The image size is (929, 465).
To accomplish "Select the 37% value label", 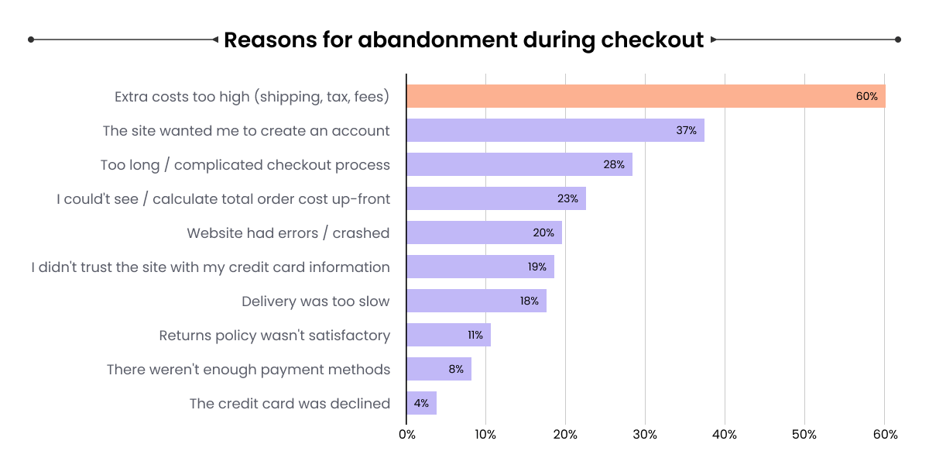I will pos(686,130).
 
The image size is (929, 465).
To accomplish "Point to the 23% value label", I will pos(567,198).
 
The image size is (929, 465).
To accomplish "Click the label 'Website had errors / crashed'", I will pos(288,233).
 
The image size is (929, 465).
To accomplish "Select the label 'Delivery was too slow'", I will pos(315,301).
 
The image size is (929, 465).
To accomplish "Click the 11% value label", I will pos(475,335).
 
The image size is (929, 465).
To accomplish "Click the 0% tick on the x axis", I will pos(406,435).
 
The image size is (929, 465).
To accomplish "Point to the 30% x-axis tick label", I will pos(645,435).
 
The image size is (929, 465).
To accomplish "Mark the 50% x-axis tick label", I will pos(804,435).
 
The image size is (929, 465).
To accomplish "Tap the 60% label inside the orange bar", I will pos(866,96).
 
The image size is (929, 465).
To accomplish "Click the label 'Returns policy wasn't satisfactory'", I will pos(274,336).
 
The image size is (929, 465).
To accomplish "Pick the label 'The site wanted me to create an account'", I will pos(246,131).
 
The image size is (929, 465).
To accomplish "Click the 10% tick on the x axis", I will pos(485,435).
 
